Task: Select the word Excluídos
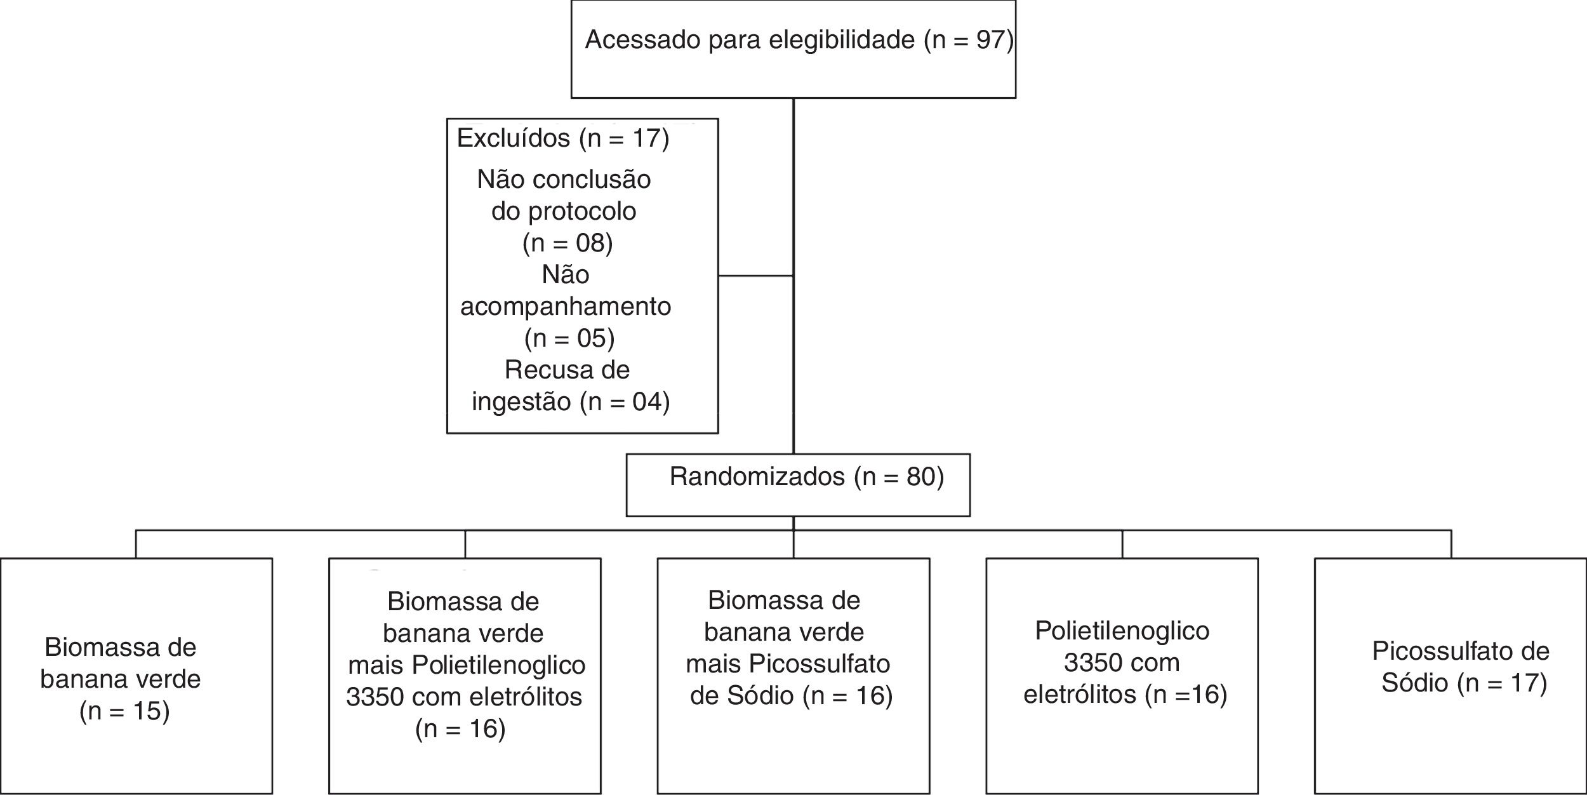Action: (x=513, y=138)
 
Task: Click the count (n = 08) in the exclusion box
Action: (x=568, y=243)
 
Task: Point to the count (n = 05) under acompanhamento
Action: (x=569, y=338)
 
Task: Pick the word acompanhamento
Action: (x=566, y=307)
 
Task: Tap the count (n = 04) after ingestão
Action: (x=625, y=402)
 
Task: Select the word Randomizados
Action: (x=757, y=477)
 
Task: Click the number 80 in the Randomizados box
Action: (x=918, y=477)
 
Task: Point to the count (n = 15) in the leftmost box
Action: (x=124, y=711)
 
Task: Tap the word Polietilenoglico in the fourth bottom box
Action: (x=1122, y=631)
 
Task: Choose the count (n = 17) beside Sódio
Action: (x=1502, y=683)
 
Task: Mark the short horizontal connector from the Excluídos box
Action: (x=755, y=276)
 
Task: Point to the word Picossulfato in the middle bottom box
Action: (x=819, y=664)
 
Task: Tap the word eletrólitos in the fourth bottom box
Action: (x=1080, y=694)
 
